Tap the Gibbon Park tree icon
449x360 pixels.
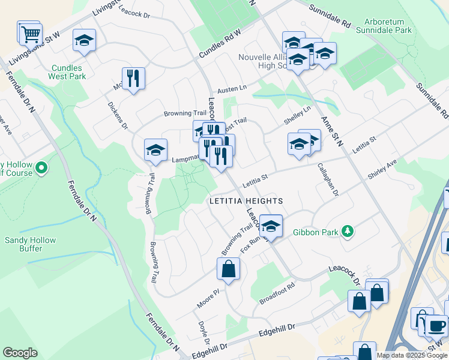click(x=346, y=231)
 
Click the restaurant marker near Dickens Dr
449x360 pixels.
click(x=133, y=78)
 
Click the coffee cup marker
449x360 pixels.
click(x=436, y=325)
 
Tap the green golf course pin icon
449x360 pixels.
click(x=41, y=169)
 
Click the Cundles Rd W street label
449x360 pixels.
click(x=220, y=43)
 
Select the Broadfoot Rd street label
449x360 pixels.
click(x=277, y=290)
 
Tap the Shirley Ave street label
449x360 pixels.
click(x=383, y=169)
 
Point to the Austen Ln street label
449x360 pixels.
click(x=232, y=88)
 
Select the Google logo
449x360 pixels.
click(x=20, y=353)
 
